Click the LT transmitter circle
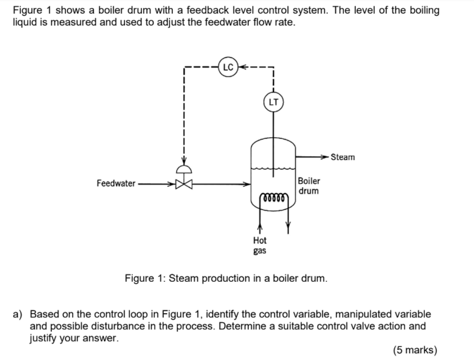[273, 102]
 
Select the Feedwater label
[115, 183]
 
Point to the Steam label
[343, 157]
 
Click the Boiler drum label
[309, 186]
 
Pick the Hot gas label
[260, 245]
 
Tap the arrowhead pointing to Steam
[325, 157]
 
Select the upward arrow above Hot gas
[260, 229]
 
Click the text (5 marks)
[414, 350]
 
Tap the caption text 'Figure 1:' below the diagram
[145, 278]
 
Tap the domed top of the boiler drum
[273, 142]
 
